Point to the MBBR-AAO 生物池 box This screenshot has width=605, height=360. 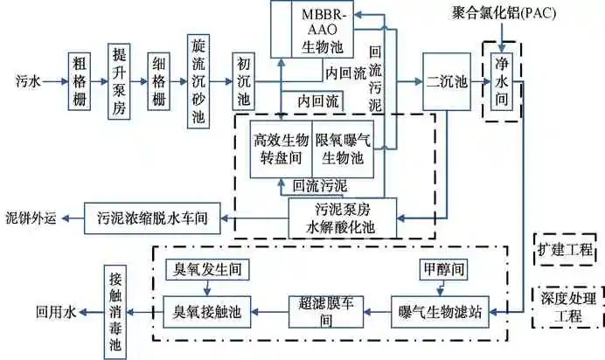325,30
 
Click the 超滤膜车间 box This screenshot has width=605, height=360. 325,310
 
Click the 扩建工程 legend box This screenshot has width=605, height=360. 565,249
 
